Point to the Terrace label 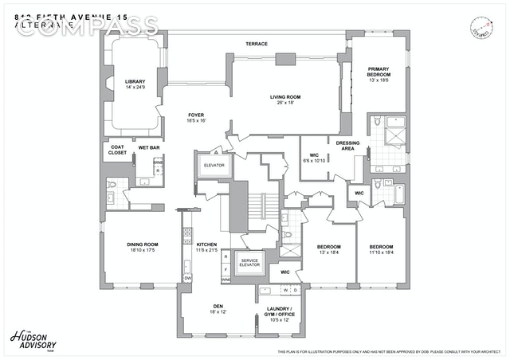point(256,44)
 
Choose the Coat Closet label point(116,150)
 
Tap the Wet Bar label point(148,147)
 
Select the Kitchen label point(206,248)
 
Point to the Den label point(218,307)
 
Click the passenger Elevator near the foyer point(214,165)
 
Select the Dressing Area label point(348,146)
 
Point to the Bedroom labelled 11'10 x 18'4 point(382,249)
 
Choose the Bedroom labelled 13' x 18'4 point(328,249)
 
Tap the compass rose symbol point(481,25)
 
